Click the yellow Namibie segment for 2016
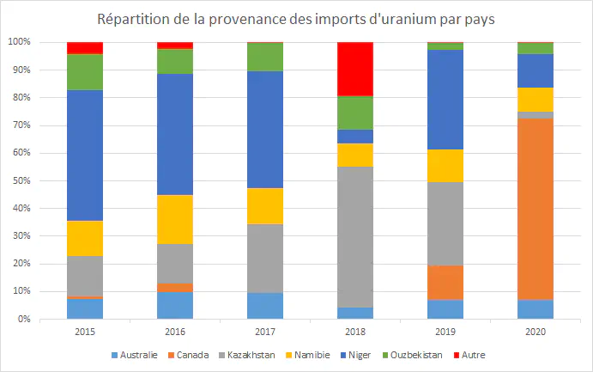point(175,219)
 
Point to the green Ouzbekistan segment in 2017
point(265,57)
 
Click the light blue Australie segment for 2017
point(265,306)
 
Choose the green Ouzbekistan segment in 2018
point(355,113)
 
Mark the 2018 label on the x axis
point(355,332)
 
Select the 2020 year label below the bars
point(536,332)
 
